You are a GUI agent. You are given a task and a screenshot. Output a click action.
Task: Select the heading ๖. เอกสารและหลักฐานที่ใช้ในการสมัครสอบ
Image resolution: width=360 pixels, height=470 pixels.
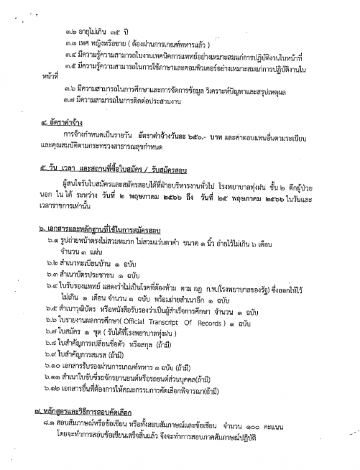pos(100,230)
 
